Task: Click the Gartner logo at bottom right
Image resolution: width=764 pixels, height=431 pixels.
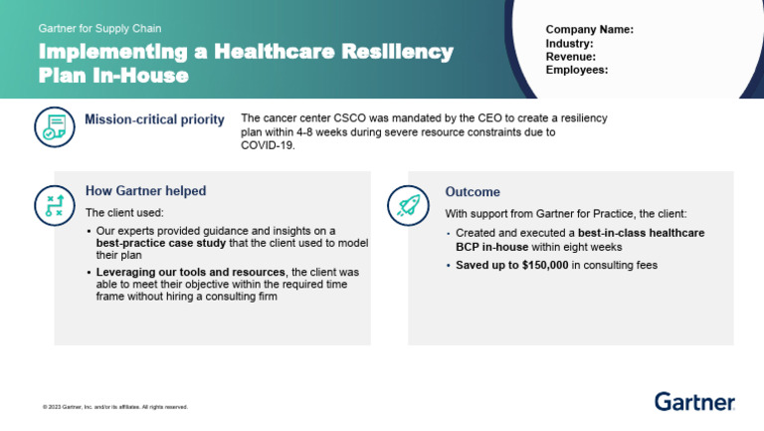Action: [x=694, y=401]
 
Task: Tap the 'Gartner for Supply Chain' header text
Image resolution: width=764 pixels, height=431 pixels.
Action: [x=99, y=29]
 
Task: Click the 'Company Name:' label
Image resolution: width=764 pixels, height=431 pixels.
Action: [x=590, y=30]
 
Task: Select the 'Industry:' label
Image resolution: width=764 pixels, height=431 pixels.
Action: [x=570, y=44]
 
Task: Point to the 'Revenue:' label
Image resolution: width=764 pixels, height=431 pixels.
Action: [x=571, y=57]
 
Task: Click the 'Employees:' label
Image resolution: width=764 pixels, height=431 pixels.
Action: [x=577, y=70]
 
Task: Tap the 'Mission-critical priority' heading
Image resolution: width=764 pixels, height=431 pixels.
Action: [x=154, y=120]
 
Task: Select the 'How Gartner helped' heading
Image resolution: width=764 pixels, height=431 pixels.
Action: [x=145, y=190]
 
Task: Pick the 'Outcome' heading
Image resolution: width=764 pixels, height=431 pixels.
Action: [x=473, y=192]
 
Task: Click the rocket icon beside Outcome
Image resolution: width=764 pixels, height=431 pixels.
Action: [x=407, y=204]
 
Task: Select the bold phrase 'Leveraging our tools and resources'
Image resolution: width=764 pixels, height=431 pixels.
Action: [x=190, y=272]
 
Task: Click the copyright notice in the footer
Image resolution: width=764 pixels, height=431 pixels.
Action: [x=114, y=407]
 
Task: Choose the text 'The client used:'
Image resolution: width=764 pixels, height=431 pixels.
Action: [x=124, y=213]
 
